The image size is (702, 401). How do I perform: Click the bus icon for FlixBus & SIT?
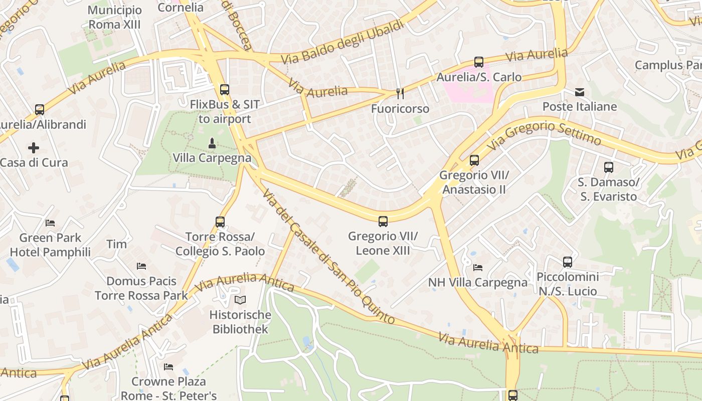(225, 90)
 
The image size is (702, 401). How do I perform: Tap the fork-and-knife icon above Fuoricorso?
(400, 93)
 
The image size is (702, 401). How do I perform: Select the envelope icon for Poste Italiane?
(580, 92)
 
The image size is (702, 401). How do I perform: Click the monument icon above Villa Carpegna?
(212, 143)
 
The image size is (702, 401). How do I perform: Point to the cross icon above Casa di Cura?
(34, 148)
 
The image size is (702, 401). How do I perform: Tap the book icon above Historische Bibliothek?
(241, 300)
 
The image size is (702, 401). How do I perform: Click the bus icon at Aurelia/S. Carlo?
(479, 62)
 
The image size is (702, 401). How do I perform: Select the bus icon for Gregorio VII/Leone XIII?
(383, 221)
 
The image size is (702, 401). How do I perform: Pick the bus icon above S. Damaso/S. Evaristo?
(609, 167)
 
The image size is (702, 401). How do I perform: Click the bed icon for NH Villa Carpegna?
(478, 268)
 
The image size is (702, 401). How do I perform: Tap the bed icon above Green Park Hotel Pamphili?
(50, 223)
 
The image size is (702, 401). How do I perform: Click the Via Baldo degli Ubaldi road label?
(342, 42)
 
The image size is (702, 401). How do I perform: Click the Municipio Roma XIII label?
(115, 17)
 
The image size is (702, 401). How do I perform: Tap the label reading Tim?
(116, 244)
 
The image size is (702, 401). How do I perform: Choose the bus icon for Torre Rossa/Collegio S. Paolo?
(220, 222)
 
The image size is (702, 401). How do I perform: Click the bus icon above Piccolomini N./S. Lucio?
(568, 262)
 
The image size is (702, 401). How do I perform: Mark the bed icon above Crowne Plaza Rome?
(168, 367)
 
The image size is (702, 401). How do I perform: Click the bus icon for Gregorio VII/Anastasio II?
(474, 160)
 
